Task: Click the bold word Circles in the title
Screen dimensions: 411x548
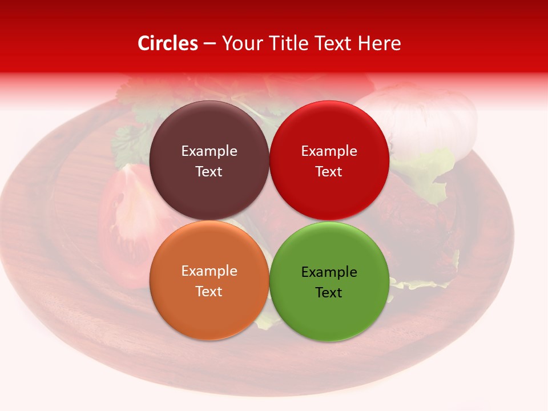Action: (167, 43)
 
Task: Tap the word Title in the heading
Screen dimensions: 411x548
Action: (285, 43)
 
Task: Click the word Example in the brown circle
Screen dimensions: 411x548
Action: (209, 151)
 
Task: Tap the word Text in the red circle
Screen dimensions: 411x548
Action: (329, 172)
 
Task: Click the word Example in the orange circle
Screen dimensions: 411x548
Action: (209, 271)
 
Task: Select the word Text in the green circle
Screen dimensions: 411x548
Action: (329, 293)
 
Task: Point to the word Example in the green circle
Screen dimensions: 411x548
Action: (329, 272)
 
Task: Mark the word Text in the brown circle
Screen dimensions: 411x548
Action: (209, 172)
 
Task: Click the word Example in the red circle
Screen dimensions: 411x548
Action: (329, 151)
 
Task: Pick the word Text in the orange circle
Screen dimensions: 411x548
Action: (209, 292)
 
